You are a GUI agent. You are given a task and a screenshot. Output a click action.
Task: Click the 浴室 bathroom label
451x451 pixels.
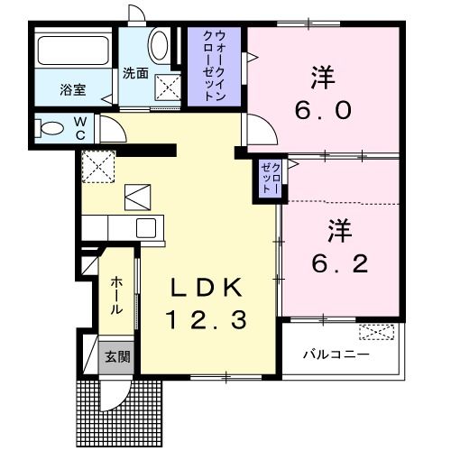tap(72, 90)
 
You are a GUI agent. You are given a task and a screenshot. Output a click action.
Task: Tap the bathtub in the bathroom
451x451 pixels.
tap(72, 51)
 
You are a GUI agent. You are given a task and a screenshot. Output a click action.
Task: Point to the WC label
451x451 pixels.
tap(80, 126)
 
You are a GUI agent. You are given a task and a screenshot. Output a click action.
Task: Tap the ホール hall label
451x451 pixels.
tap(116, 295)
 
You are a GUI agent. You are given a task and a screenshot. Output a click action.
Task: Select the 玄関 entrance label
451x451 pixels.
tap(115, 356)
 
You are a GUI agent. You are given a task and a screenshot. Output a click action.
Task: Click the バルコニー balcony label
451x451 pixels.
tap(336, 355)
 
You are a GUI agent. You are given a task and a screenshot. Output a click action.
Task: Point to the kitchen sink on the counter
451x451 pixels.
tap(145, 227)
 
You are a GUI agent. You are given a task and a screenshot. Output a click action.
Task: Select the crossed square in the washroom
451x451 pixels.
tap(168, 87)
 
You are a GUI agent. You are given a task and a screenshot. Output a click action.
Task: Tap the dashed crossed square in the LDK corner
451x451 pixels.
tap(95, 165)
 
